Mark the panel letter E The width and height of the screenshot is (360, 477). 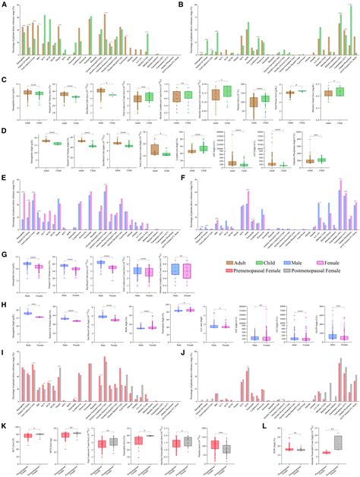click(x=4, y=179)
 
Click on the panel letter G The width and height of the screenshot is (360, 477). click(x=4, y=255)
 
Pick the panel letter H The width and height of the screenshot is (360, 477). click(x=4, y=301)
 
